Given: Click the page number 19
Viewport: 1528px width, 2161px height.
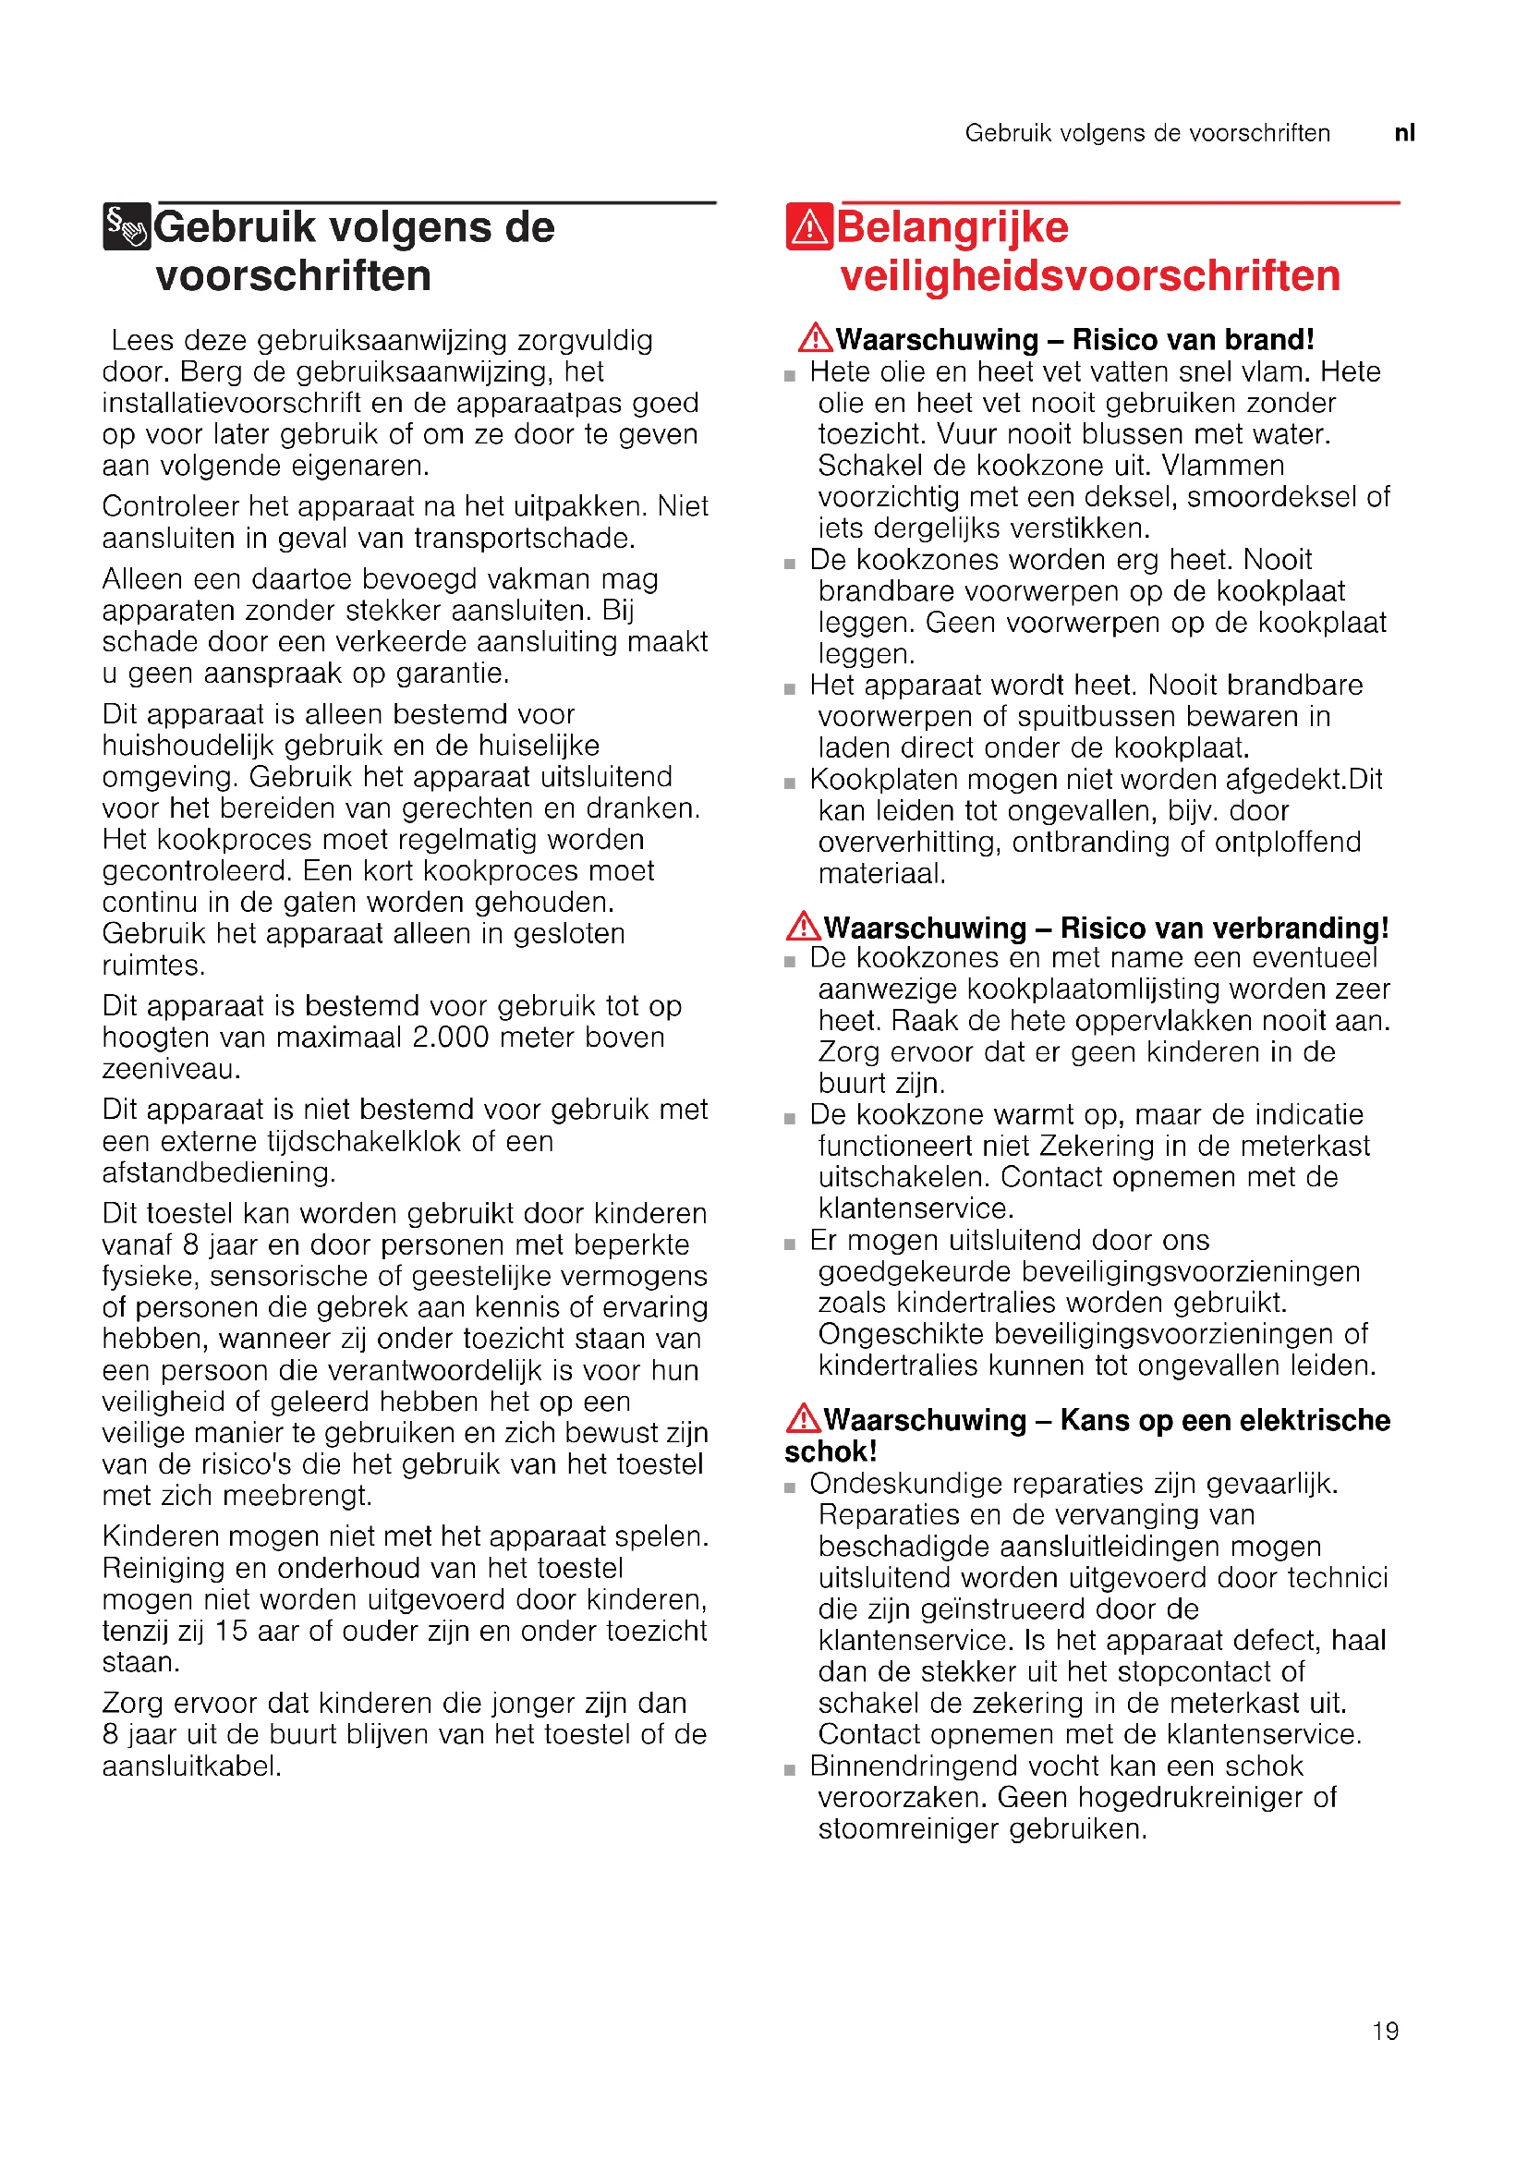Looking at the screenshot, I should (x=1385, y=2030).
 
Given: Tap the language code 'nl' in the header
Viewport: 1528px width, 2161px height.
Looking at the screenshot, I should (x=1404, y=133).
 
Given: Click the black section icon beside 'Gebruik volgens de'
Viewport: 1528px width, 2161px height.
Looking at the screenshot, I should (x=126, y=227).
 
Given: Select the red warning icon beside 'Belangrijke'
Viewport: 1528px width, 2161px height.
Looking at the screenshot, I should (x=808, y=227).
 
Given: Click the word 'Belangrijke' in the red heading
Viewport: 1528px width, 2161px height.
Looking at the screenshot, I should (x=952, y=227).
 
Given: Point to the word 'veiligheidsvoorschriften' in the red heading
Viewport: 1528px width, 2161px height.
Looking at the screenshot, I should (x=1089, y=275).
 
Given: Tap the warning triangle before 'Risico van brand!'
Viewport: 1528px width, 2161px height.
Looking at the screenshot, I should (x=815, y=338).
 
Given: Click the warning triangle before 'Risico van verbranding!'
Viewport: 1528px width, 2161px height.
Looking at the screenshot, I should (x=803, y=926).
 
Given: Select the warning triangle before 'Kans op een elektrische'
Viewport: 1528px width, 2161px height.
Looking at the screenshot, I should (x=803, y=1418).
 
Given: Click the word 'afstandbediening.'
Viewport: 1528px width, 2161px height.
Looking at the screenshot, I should (x=218, y=1172).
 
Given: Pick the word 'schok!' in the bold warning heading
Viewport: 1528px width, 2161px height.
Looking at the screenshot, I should (x=830, y=1451).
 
